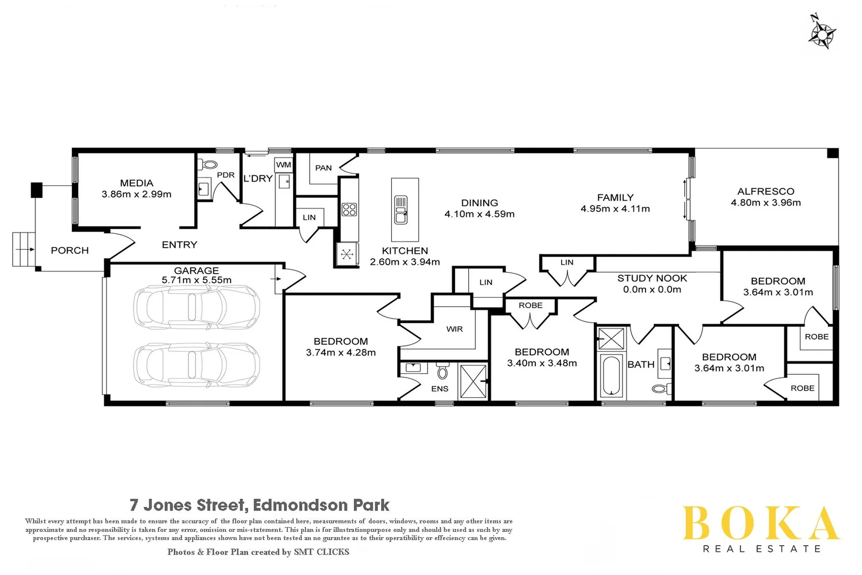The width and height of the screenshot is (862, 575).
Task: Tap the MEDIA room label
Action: tap(136, 183)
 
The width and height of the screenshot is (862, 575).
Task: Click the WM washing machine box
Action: tap(283, 165)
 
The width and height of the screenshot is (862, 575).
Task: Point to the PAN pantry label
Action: tap(323, 168)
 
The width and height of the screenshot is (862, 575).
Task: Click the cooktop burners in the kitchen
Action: tap(349, 209)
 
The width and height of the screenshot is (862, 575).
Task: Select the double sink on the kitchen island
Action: tap(401, 210)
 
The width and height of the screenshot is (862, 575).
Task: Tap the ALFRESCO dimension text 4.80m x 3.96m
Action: tap(765, 202)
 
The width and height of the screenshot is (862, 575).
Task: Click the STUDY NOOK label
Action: tap(652, 278)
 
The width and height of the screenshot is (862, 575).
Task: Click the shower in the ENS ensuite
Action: tap(473, 381)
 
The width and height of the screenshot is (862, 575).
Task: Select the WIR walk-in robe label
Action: tap(454, 329)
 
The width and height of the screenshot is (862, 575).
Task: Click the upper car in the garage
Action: tap(196, 307)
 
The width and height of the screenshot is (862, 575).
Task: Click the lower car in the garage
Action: tap(196, 365)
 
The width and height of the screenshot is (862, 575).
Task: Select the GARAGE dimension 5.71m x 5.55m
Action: tap(196, 280)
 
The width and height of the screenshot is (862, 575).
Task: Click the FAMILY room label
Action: tap(615, 197)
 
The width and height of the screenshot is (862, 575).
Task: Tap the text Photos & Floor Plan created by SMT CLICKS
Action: tap(258, 552)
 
